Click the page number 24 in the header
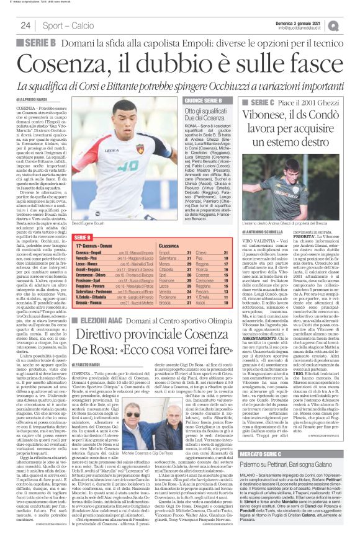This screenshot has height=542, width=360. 26,25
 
